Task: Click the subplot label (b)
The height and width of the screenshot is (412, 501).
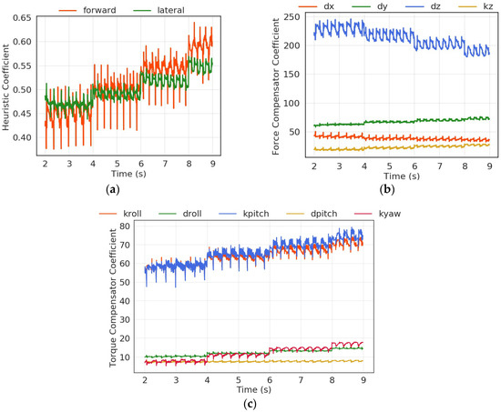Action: tap(387, 188)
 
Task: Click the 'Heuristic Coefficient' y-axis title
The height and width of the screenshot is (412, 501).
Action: tap(7, 91)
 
